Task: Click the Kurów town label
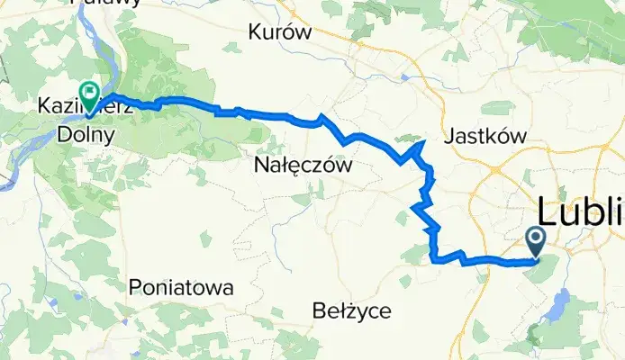tap(280, 32)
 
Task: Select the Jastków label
tap(485, 136)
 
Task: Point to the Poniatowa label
tap(181, 288)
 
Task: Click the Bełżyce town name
tap(351, 311)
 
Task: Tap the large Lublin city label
tap(581, 213)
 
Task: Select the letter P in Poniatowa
tap(135, 288)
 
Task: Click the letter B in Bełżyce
tap(317, 311)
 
